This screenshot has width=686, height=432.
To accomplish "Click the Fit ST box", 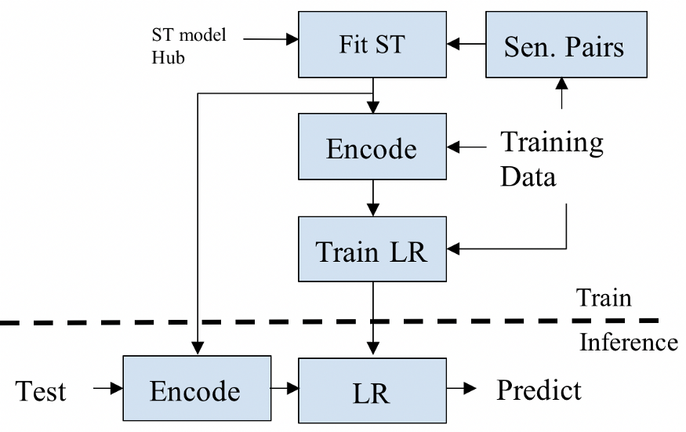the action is coord(372,45).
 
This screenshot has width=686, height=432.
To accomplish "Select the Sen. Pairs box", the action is coord(566,45).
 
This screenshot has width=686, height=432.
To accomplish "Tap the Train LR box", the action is coord(372,249).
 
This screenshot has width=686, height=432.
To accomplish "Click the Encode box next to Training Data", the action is coord(372,147).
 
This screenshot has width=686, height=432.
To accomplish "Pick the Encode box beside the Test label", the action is coord(197,388).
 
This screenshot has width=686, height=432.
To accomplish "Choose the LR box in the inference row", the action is coord(372,390).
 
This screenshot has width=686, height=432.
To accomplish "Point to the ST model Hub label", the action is coord(189,46).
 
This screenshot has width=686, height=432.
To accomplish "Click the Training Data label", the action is coord(552,159).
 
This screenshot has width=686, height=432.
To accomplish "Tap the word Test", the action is coord(41,391).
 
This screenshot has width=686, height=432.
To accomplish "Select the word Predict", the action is coord(539,390).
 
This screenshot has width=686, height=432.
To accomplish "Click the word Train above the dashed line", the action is coord(604,298).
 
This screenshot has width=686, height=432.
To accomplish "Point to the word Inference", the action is coord(629,343).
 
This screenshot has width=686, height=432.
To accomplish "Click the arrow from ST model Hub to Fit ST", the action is coord(270,39).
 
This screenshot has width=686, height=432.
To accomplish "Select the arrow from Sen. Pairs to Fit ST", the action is coord(466,44).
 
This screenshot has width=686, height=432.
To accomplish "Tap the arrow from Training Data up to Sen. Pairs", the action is coord(562,93).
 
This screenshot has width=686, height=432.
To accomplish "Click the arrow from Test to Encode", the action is coord(108,388).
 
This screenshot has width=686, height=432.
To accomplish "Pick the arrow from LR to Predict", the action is coord(462,388).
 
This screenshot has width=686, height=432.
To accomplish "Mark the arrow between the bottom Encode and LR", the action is coord(285,388).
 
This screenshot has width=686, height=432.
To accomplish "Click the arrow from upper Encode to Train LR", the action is coord(372,198).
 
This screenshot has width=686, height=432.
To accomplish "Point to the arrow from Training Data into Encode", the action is coord(466,147).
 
